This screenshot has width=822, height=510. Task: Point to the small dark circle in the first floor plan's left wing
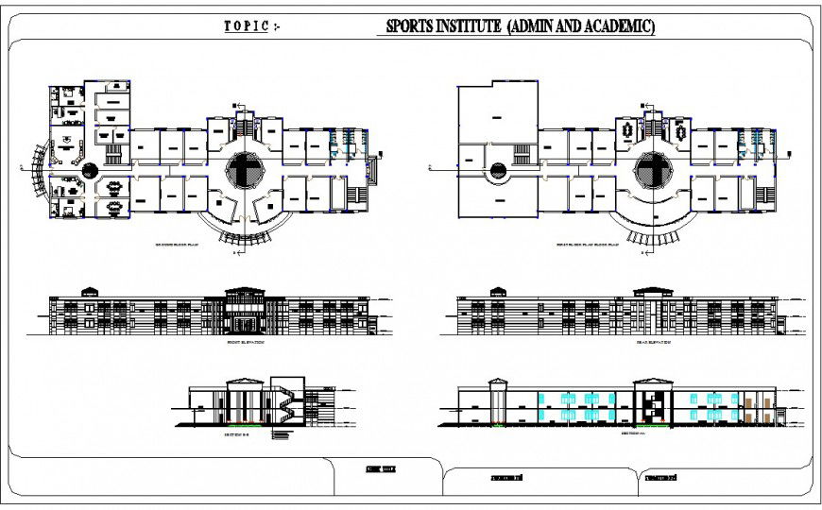coord(497,171)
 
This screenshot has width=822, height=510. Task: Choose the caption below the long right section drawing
coord(634,435)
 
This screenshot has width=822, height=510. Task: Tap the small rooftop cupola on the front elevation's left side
coord(90,291)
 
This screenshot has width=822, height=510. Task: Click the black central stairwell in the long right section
coord(649,405)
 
